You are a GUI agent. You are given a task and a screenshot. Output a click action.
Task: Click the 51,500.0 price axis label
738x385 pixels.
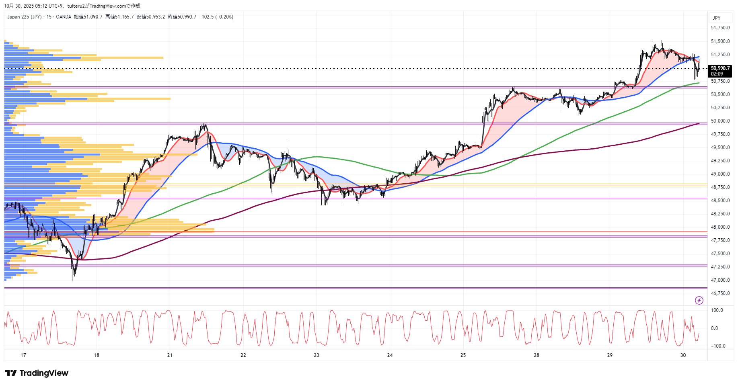pyautogui.click(x=720, y=41)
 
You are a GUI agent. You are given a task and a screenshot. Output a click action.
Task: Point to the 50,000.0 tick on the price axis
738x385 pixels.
pyautogui.click(x=720, y=121)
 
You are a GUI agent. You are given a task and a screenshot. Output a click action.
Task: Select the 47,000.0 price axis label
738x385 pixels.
pyautogui.click(x=720, y=280)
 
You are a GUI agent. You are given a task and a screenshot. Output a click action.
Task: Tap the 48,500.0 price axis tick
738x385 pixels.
pyautogui.click(x=720, y=201)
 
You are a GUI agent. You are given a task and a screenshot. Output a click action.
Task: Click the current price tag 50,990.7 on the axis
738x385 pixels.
pyautogui.click(x=720, y=68)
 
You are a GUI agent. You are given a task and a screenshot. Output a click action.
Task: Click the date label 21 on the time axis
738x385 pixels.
pyautogui.click(x=170, y=355)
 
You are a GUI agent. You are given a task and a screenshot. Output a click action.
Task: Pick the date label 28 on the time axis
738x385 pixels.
pyautogui.click(x=537, y=355)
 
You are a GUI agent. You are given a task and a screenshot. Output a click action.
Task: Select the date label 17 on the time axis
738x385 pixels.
pyautogui.click(x=23, y=355)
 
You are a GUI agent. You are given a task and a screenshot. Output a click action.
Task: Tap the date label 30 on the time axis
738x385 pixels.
pyautogui.click(x=683, y=355)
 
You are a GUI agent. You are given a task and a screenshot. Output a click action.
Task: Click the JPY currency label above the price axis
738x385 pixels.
pyautogui.click(x=716, y=18)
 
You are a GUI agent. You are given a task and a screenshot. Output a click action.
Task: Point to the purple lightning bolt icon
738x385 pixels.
pyautogui.click(x=699, y=300)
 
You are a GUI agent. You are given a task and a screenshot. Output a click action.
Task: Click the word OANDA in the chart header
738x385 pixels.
pyautogui.click(x=64, y=17)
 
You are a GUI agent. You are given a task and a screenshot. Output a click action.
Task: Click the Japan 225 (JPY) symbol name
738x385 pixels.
pyautogui.click(x=24, y=17)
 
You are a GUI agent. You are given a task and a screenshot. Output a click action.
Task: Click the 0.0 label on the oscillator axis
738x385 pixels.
pyautogui.click(x=714, y=328)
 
